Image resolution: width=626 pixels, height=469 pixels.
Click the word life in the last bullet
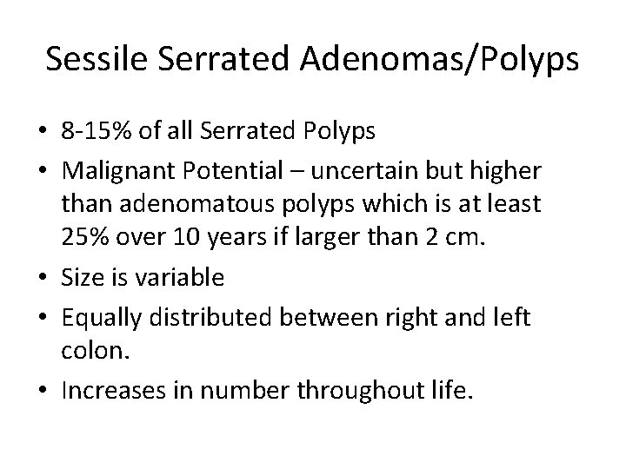coord(449,389)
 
